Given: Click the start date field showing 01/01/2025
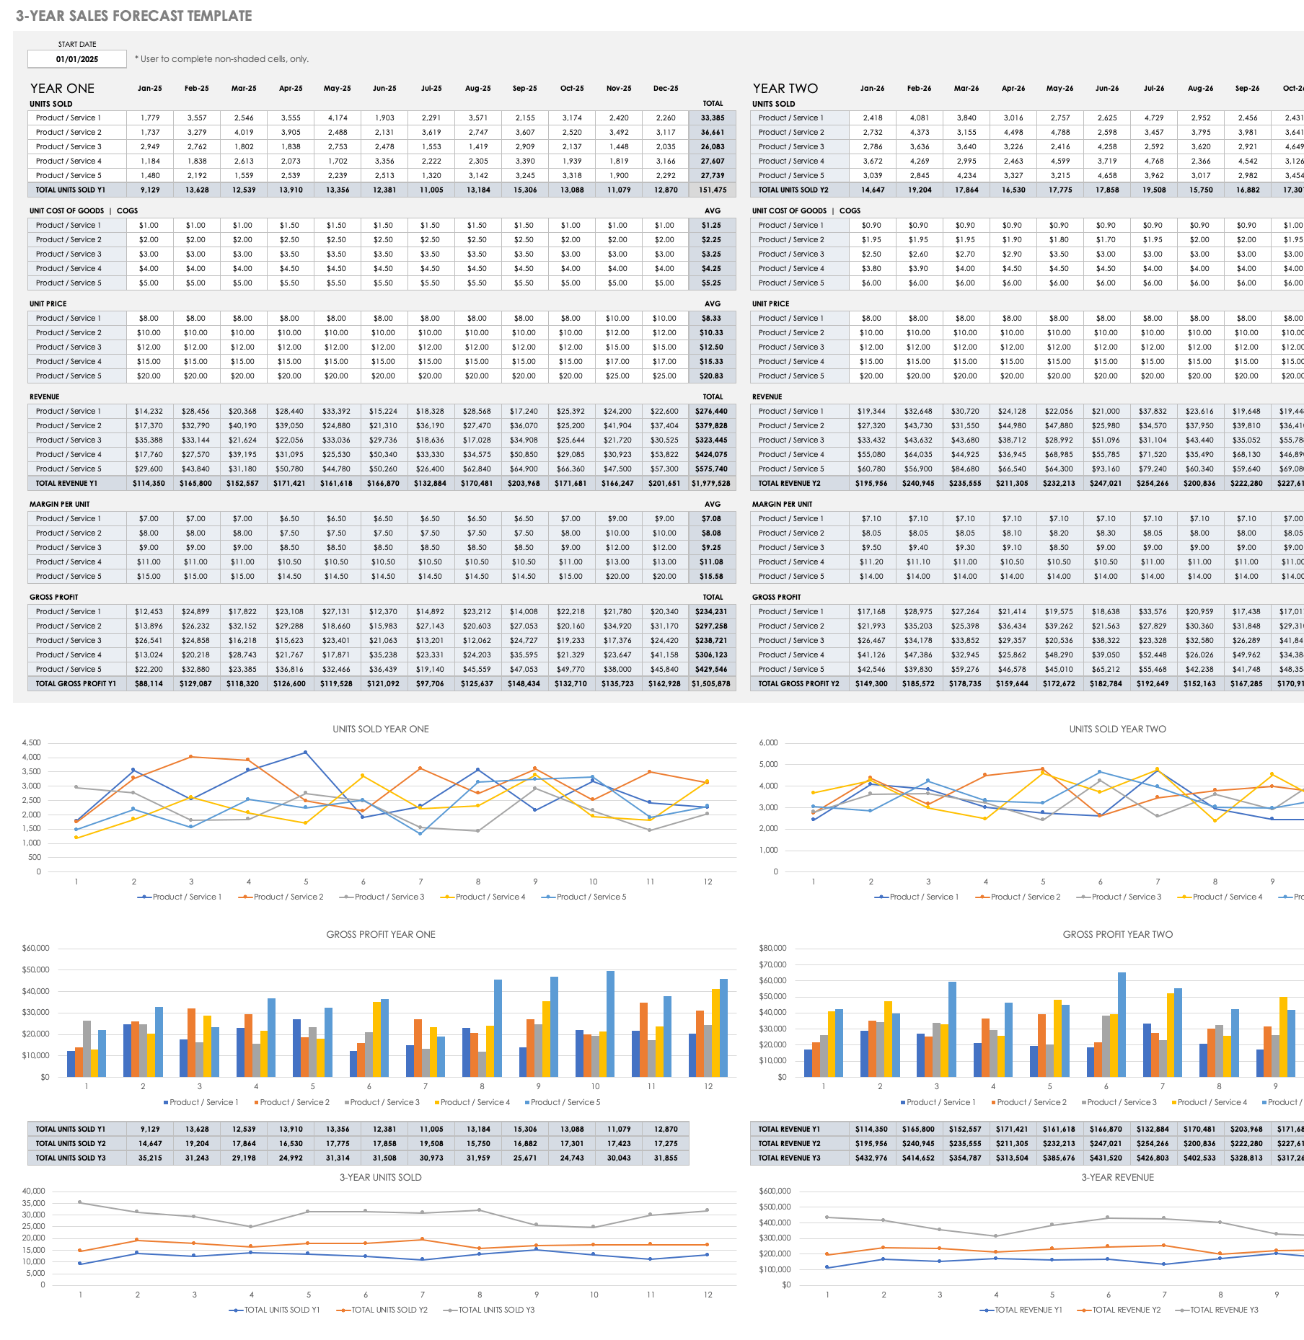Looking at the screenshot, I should [76, 59].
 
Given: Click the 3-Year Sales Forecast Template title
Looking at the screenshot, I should [134, 16].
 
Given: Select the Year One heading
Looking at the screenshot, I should [62, 89].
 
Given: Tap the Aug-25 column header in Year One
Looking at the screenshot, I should [477, 89].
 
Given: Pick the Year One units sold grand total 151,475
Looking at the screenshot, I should [713, 190].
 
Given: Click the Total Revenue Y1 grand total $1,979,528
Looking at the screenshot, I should [711, 484].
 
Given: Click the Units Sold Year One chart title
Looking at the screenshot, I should [381, 729].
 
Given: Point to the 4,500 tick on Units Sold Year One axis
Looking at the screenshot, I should [32, 743].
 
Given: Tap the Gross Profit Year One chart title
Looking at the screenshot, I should [381, 935].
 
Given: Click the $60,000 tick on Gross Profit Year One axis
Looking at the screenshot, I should [35, 949].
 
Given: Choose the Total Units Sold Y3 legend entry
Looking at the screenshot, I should [495, 1310].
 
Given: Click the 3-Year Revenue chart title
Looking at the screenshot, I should [1117, 1178].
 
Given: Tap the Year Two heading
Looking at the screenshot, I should [785, 89].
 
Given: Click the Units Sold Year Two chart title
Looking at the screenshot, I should [1117, 729].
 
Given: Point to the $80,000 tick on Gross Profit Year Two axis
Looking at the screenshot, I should [772, 949].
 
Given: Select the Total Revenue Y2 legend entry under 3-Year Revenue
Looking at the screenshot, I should [1126, 1310].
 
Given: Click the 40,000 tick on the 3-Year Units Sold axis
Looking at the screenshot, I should [34, 1192].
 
